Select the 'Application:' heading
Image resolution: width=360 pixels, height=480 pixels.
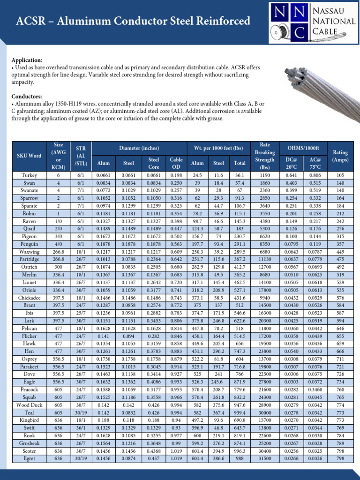(27, 60)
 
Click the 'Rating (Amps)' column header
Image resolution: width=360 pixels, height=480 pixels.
(340, 156)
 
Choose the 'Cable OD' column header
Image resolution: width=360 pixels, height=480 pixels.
(176, 163)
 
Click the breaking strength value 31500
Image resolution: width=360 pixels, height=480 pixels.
(266, 458)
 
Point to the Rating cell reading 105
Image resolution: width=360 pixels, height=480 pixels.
(340, 175)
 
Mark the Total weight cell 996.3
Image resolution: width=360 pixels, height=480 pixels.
(240, 451)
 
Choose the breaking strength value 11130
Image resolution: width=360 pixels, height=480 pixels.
(266, 259)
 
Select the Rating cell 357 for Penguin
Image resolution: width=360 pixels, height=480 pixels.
(340, 244)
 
